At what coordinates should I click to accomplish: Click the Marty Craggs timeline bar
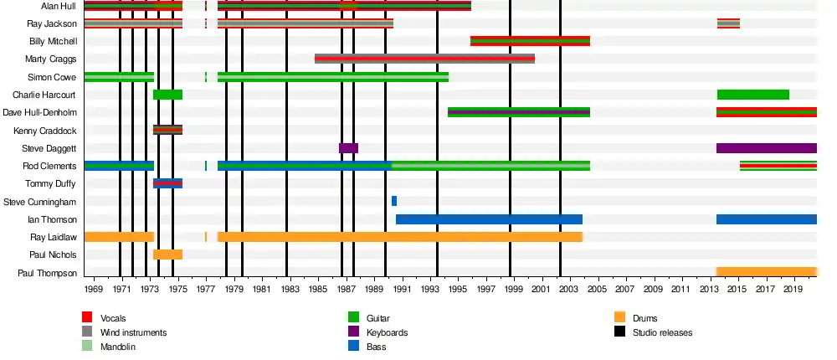point(424,59)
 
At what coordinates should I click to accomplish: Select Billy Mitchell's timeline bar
point(530,41)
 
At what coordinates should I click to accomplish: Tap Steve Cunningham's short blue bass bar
point(394,201)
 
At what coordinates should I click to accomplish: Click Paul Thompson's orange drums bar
point(766,272)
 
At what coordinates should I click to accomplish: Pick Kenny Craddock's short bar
point(167,130)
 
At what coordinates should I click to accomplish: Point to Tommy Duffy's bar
point(167,183)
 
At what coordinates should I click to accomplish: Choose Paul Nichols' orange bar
point(167,255)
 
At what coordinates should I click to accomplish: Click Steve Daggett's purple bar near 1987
point(348,148)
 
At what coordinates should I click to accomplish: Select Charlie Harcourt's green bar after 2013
point(753,95)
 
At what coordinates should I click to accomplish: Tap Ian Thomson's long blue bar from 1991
point(489,219)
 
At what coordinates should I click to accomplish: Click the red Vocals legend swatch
point(87,317)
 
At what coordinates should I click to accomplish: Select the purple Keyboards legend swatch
point(353,332)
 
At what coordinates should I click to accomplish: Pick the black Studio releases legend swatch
point(619,332)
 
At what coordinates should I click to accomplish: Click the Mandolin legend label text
point(118,347)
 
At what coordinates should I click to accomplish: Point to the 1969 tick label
point(94,290)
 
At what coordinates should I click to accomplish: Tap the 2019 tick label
point(794,290)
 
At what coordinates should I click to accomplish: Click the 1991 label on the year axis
point(403,290)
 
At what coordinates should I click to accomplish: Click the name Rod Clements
point(52,166)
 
